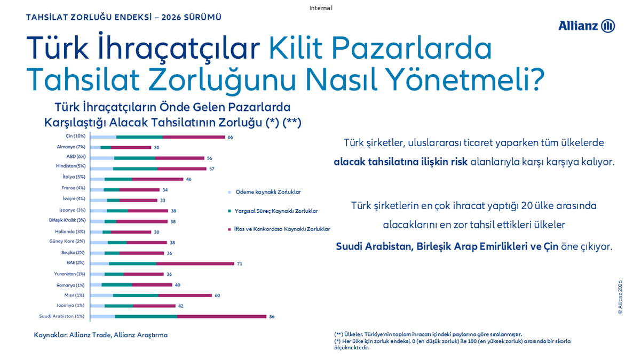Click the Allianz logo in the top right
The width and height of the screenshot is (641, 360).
(587, 26)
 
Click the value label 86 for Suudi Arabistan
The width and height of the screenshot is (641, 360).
(272, 317)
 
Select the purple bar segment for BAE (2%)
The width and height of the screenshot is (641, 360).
(195, 263)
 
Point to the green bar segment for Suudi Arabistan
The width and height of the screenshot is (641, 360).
(146, 316)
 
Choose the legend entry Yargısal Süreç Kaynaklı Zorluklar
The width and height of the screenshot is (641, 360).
(276, 211)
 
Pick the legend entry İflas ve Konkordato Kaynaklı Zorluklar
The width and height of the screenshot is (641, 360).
(282, 229)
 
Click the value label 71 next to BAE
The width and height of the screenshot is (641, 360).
(240, 263)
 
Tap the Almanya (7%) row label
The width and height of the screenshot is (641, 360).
(71, 147)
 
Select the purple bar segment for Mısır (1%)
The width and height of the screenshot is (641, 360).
(185, 295)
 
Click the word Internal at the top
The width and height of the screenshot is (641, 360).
(320, 8)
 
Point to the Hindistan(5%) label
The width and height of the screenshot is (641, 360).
(70, 166)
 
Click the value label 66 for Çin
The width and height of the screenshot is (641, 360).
(231, 137)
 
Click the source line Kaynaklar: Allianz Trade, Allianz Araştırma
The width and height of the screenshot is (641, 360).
(100, 335)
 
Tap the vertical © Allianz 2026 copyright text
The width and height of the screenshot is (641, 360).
(620, 297)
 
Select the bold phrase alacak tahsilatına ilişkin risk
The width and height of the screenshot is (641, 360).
(400, 162)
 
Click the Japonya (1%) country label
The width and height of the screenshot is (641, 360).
(70, 306)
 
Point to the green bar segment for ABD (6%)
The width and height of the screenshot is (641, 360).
(134, 158)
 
